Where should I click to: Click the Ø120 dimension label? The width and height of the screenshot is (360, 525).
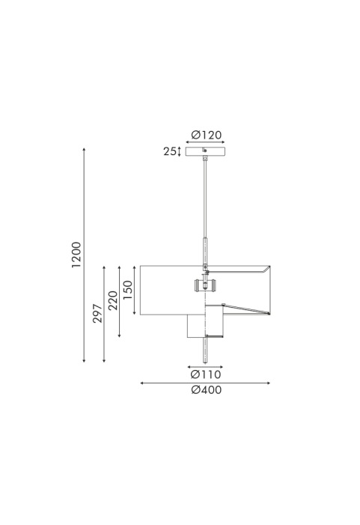click(206, 135)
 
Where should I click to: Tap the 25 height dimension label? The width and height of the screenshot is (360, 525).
click(170, 151)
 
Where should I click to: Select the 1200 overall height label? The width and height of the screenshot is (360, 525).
click(76, 255)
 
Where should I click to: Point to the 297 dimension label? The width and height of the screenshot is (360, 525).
click(97, 313)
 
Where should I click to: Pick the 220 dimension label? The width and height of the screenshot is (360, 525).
click(113, 300)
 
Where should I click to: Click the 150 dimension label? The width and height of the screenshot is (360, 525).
click(128, 290)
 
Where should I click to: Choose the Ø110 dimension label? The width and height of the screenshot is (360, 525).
click(206, 374)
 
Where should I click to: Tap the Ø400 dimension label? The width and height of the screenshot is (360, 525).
click(206, 390)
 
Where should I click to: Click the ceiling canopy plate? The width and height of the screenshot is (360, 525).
click(205, 152)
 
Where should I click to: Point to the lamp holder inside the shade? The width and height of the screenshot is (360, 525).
click(205, 286)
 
